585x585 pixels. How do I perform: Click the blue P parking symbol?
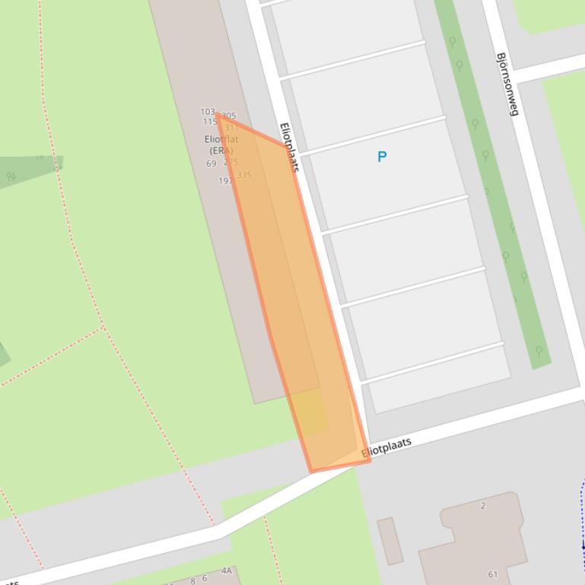(x=382, y=157)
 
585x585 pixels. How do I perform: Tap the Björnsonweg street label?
(x=507, y=84)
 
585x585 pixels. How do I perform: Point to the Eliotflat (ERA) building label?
(x=221, y=144)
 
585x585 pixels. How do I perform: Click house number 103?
(x=208, y=112)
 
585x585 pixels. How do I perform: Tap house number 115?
(x=210, y=122)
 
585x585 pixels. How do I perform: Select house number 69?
(x=211, y=163)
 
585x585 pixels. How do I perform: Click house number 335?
(x=244, y=175)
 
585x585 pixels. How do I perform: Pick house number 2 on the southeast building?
(x=483, y=505)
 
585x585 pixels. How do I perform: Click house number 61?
(x=493, y=574)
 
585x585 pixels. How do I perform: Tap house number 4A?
(x=227, y=571)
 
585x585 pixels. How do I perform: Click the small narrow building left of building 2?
(x=389, y=541)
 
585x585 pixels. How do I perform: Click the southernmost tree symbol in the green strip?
(x=539, y=351)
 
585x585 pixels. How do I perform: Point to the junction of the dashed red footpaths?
(x=102, y=327)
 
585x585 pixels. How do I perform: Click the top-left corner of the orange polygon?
(x=217, y=115)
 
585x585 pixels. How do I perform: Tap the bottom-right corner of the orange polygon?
(x=370, y=460)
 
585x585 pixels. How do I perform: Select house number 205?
(x=229, y=116)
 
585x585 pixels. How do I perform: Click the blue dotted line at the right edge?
(x=582, y=524)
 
